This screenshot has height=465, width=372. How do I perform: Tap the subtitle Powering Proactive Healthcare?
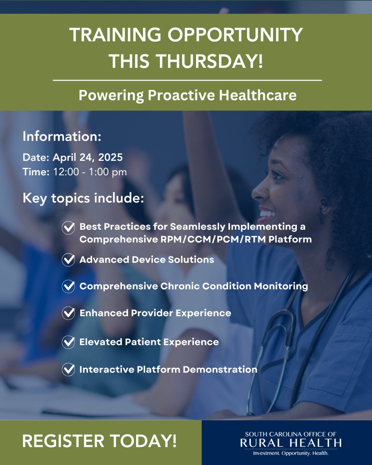188,95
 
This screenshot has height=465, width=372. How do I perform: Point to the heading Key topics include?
83,199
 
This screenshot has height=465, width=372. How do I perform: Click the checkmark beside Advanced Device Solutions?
69,260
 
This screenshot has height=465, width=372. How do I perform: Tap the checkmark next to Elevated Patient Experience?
69,342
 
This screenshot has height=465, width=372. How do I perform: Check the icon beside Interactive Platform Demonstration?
69,369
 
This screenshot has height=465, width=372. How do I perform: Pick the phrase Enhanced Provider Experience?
155,313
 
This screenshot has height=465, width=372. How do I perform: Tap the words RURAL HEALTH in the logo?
291,443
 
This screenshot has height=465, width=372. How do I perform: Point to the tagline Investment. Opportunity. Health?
291,453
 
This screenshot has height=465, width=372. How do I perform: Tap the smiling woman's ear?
322,208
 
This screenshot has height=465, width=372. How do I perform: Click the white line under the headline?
187,81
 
